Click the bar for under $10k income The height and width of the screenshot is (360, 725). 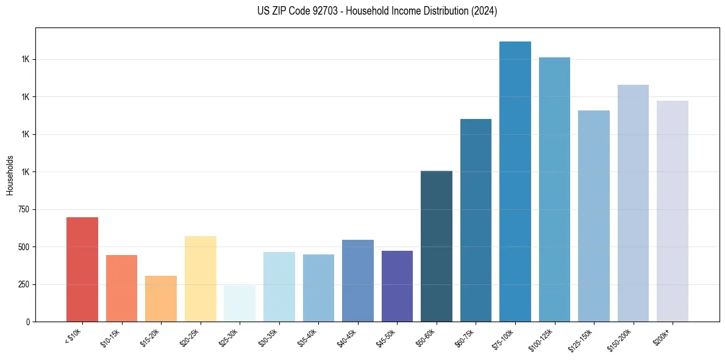click(x=82, y=269)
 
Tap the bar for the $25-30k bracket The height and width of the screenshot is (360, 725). click(x=240, y=303)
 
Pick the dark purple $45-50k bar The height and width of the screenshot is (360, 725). click(x=397, y=286)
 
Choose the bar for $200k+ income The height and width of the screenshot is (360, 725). click(x=673, y=211)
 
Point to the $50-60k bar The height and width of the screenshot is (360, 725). click(x=437, y=246)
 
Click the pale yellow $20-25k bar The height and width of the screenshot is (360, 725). click(x=200, y=278)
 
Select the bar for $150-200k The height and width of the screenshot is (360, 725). click(x=633, y=203)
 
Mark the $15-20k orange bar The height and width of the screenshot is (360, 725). click(x=161, y=298)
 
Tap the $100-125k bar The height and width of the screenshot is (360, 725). click(x=554, y=189)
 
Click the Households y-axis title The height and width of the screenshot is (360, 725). click(x=10, y=175)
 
